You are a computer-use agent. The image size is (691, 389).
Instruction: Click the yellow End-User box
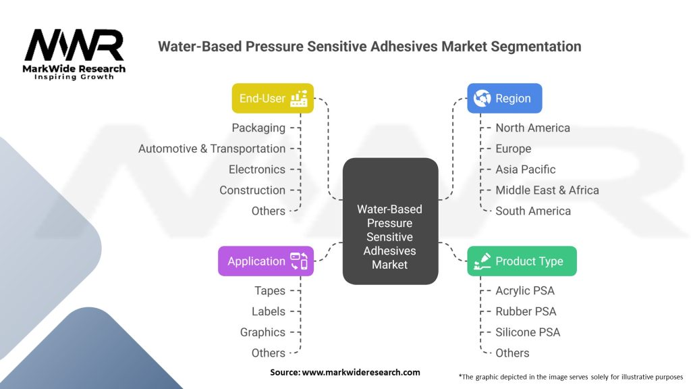coord(273,99)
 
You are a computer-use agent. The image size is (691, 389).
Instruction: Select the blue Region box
coord(505,99)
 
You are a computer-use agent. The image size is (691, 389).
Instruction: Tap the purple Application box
coord(266,261)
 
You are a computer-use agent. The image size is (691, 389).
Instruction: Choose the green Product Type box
coord(522,261)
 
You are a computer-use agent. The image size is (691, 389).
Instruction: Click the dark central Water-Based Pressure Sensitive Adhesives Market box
coord(391,221)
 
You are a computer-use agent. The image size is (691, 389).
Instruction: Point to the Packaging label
coord(258,128)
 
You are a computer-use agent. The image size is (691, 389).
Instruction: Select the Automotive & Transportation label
coord(212,149)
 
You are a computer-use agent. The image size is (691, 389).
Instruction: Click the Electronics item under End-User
coord(257,170)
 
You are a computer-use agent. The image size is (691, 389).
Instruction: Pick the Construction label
coord(252,190)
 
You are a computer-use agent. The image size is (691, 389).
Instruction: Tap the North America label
coord(533,128)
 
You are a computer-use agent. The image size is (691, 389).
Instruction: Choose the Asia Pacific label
coord(525,170)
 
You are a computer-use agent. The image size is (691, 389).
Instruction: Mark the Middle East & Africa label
coord(547,190)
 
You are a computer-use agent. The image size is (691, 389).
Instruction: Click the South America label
coord(533,211)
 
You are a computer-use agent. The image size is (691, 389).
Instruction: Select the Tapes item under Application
coord(270,290)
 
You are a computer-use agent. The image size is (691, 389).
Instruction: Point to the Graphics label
coord(262,332)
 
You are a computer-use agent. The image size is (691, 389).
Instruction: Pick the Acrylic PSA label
coord(525,290)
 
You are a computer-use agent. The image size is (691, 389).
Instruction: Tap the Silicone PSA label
coord(528,332)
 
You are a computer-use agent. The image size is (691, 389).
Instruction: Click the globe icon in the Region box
coord(482,99)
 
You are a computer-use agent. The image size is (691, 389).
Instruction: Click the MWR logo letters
coord(74,45)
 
